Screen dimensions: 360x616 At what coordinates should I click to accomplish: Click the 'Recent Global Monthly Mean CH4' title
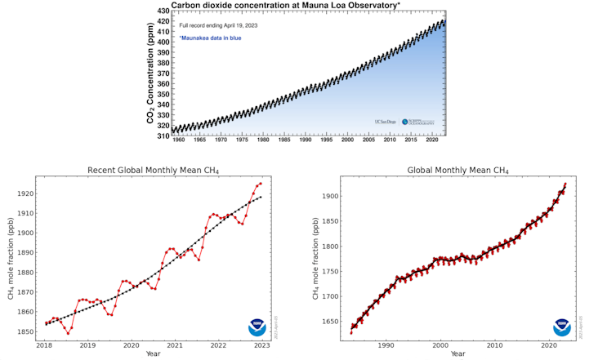154,171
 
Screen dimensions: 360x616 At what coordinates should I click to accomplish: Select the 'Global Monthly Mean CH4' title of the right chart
458,171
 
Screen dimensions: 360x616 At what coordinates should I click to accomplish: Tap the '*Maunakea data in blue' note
210,38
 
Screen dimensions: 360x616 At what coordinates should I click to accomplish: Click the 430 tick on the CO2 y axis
163,11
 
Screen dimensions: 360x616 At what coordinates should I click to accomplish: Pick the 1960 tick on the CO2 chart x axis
178,140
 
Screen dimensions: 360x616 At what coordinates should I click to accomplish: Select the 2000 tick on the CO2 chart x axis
347,140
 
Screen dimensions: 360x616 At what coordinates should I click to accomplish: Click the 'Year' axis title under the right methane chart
458,354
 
